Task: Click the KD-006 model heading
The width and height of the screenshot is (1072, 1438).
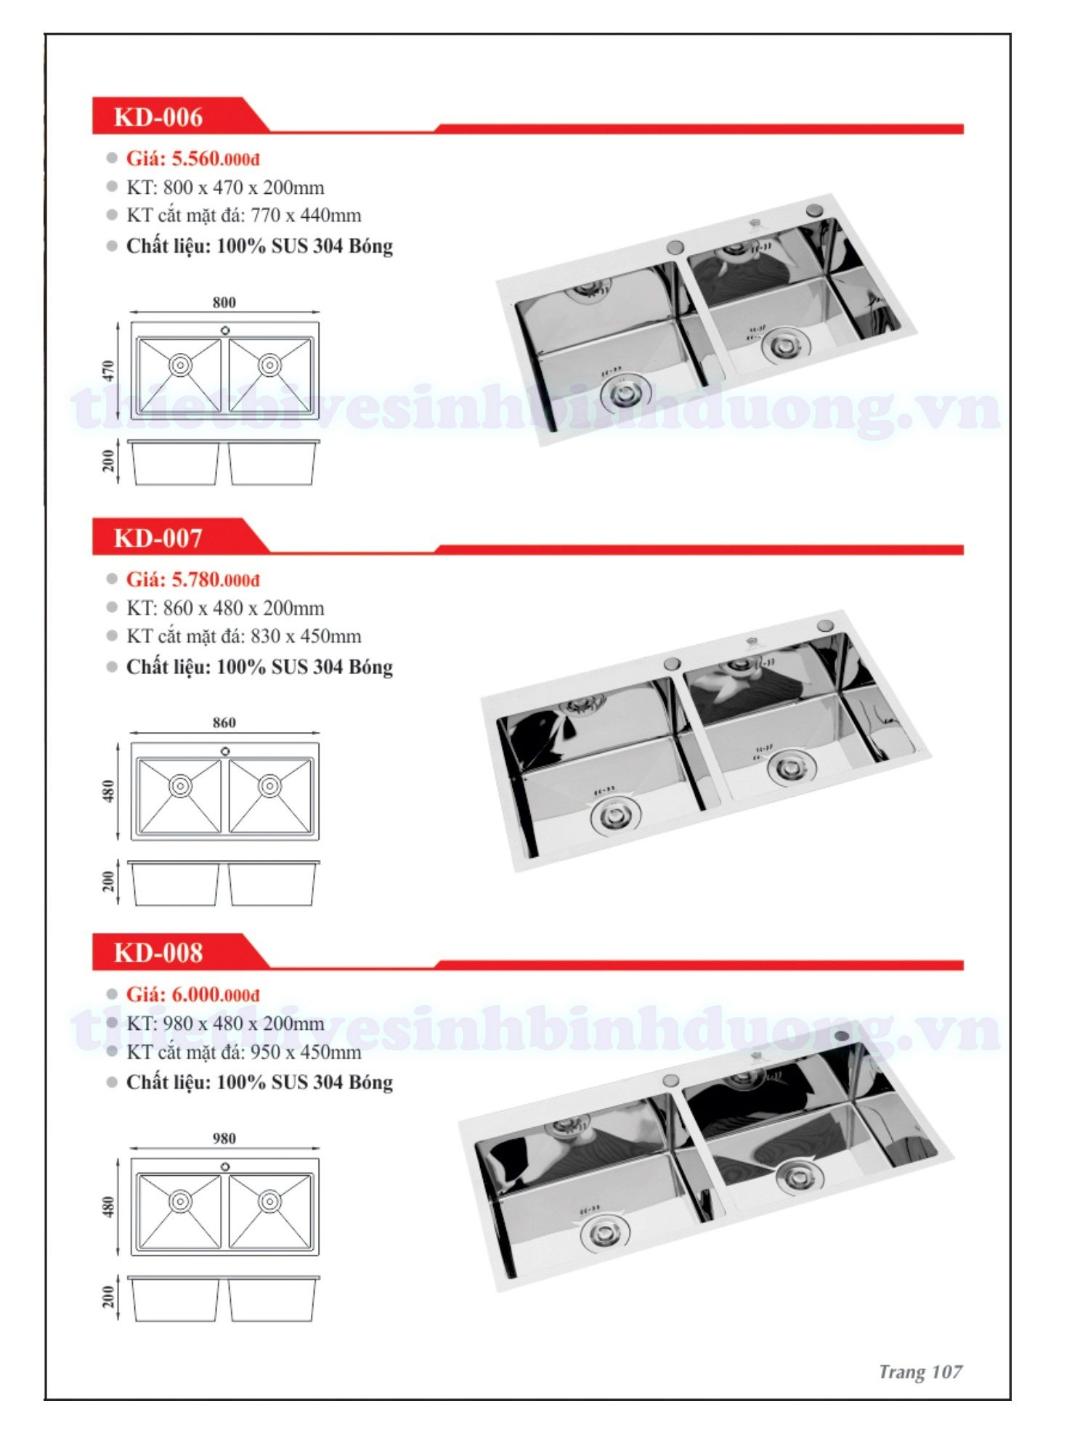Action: coord(158,117)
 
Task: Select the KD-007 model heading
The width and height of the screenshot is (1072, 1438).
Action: coord(158,538)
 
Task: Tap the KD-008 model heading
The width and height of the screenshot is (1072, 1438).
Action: coord(158,953)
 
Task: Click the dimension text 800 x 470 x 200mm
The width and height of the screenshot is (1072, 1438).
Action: coord(243,187)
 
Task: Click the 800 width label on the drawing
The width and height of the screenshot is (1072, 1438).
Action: coord(224,302)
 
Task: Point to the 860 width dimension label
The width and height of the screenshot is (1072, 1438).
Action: coord(224,723)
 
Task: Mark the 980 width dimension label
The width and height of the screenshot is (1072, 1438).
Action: coord(224,1138)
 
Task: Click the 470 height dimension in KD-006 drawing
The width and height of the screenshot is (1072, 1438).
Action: coord(108,371)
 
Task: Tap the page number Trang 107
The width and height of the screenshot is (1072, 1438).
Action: coord(920,1372)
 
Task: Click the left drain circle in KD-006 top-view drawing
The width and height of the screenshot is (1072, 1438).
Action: coord(180,365)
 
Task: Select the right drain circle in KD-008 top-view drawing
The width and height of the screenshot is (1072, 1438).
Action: coord(269,1201)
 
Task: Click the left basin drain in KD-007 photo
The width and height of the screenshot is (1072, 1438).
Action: coord(616,816)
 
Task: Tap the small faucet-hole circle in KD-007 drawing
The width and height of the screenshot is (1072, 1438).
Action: coord(225,751)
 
